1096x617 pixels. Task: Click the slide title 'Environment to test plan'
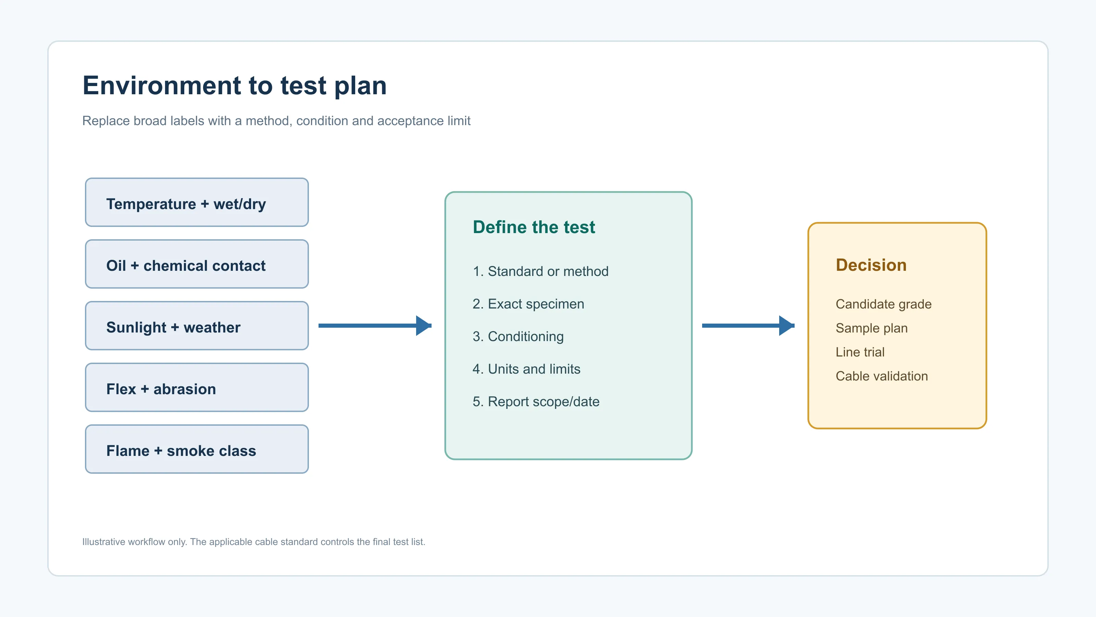point(234,86)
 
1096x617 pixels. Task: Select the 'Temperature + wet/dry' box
point(197,202)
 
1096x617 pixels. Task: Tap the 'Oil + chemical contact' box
point(197,264)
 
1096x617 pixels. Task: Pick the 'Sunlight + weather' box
point(197,326)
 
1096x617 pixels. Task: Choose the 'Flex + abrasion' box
point(197,387)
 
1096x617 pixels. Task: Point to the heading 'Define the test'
point(534,227)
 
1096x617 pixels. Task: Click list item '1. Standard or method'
point(540,271)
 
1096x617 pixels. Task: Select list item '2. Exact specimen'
point(528,304)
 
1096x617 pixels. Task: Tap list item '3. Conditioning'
point(518,336)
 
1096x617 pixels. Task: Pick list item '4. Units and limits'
point(526,369)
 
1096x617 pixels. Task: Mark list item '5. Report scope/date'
point(536,401)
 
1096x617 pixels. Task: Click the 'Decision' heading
point(871,265)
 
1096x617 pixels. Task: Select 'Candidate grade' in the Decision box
point(883,304)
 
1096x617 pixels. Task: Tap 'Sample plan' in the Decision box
point(871,328)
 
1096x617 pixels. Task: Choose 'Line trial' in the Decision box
point(860,352)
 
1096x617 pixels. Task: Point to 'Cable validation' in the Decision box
point(882,376)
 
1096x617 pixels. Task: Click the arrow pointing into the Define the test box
point(375,326)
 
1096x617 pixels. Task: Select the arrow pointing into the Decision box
point(748,326)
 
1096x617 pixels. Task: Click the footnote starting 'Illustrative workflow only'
point(253,542)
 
